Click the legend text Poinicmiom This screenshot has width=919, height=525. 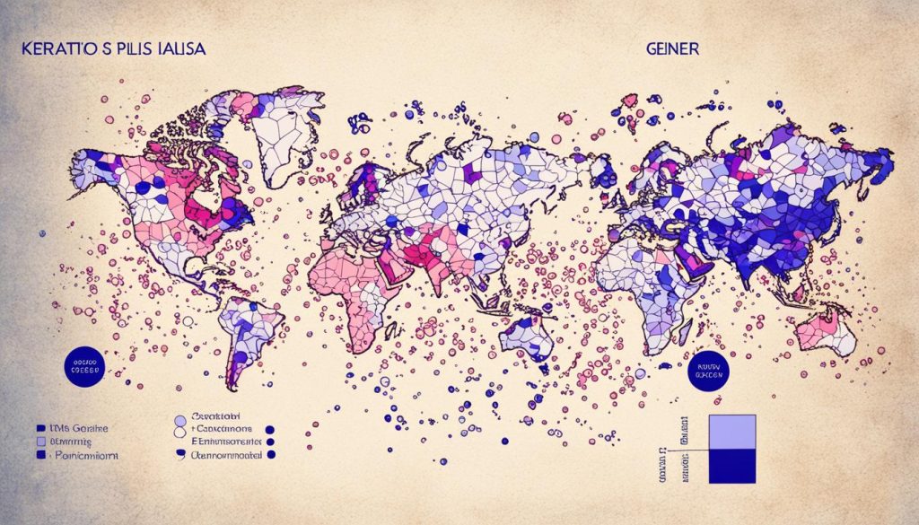click(83, 456)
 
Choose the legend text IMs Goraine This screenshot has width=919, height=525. click(77, 429)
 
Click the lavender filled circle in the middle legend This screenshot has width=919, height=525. click(180, 419)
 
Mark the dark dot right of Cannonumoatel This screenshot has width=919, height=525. click(272, 456)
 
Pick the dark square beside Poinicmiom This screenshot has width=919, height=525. click(41, 456)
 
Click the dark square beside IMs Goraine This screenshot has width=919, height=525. click(41, 429)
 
